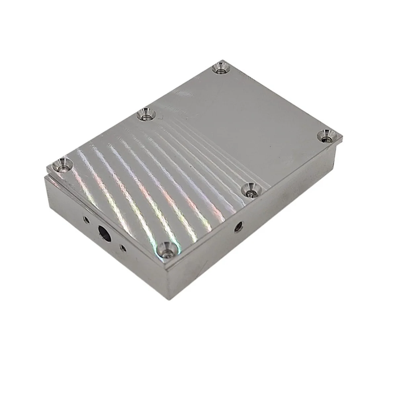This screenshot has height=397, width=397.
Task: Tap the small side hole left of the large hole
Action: click(86, 219)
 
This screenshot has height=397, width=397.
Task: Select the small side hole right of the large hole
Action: click(123, 247)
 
